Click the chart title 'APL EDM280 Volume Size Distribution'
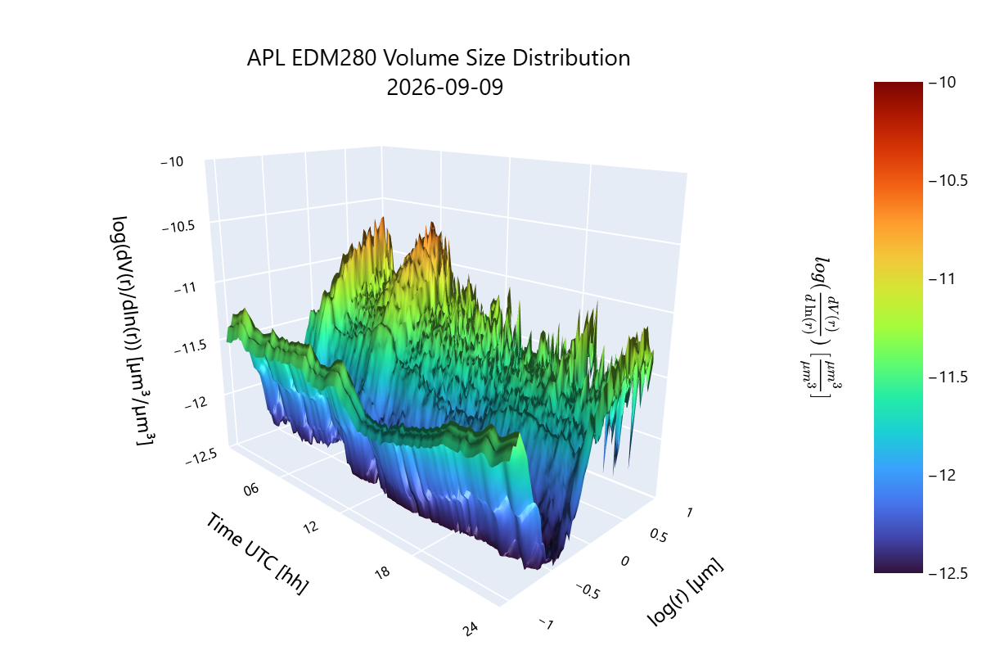pos(439,58)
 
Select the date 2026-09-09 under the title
pos(444,87)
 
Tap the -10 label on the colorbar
pos(942,82)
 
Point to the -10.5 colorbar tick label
pos(948,180)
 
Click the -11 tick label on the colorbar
pos(942,278)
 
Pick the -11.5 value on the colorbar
pos(948,377)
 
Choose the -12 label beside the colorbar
pos(942,475)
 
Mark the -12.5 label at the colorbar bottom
pos(948,573)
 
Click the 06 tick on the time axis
pos(250,490)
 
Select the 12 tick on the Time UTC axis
pos(311,526)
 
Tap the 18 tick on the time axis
pos(382,572)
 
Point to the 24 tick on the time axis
pos(470,629)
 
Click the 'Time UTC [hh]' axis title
pos(257,553)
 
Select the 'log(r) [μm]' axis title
pos(685,592)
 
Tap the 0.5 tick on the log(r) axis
pos(659,535)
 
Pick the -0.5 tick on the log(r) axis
pos(588,591)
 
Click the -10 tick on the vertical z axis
pos(172,162)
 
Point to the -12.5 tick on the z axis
pos(201,457)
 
